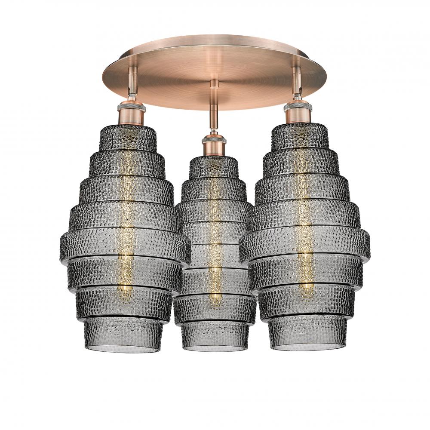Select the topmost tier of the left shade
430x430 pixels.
128,138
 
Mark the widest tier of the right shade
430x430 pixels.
305,245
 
